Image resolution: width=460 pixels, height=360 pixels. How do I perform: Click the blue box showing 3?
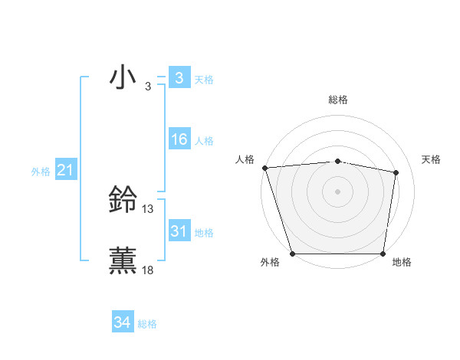click(x=179, y=78)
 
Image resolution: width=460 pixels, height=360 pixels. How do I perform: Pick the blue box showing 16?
click(x=179, y=139)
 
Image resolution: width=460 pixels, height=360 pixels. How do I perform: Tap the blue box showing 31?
click(x=179, y=231)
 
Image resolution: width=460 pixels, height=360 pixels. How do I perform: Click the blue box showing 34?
click(x=123, y=322)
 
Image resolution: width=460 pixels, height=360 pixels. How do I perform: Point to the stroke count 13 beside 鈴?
click(x=148, y=208)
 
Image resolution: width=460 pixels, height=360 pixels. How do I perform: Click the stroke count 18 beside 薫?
click(x=148, y=269)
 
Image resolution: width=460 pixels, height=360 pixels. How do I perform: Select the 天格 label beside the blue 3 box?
click(x=204, y=79)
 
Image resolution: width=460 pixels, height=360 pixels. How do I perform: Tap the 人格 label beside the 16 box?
click(x=204, y=140)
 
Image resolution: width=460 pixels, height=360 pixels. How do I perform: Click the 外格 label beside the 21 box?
click(x=41, y=172)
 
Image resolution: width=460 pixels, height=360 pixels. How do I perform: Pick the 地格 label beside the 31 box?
click(x=204, y=232)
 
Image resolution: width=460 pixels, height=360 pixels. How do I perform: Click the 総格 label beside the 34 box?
click(x=147, y=323)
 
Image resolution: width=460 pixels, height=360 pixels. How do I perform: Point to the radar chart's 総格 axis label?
click(x=338, y=100)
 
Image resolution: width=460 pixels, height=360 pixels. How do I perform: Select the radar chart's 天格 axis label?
click(x=432, y=159)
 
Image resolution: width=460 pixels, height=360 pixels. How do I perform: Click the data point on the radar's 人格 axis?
click(x=264, y=168)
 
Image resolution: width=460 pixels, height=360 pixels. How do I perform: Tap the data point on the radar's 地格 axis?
click(x=383, y=254)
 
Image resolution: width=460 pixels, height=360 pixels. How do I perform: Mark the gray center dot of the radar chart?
click(x=338, y=191)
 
